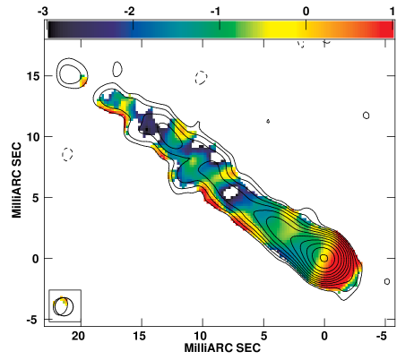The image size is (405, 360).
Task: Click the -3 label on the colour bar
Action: click(42, 12)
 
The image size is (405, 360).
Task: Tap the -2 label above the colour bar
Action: click(129, 12)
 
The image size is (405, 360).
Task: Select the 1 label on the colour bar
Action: click(392, 12)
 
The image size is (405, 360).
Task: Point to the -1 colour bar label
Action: click(216, 12)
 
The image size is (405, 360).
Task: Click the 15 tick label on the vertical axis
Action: click(33, 76)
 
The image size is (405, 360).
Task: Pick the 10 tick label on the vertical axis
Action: click(33, 137)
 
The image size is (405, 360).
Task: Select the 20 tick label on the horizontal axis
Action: click(78, 336)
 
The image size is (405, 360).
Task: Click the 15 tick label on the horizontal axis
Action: click(139, 336)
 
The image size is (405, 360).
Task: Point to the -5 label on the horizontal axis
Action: click(382, 336)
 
